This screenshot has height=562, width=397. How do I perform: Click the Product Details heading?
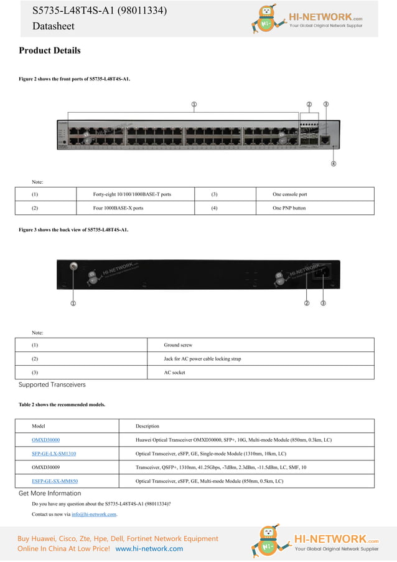tap(50, 50)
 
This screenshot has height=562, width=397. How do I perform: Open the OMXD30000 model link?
tap(46, 440)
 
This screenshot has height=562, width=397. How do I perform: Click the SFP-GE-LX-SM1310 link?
tap(54, 454)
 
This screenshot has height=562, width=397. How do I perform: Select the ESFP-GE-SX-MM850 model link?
tap(55, 481)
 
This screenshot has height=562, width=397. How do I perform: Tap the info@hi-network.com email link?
tap(94, 514)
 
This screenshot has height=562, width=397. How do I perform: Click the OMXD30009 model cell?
tap(46, 467)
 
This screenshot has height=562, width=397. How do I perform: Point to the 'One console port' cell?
tap(290, 194)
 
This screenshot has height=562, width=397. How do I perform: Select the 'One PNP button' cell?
tap(289, 208)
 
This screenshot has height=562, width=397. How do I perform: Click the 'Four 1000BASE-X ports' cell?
tap(118, 208)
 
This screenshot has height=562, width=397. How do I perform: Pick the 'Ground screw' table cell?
tap(178, 345)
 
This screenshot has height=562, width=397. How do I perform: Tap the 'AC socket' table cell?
tap(175, 373)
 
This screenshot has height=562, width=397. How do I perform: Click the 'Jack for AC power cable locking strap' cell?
tap(202, 359)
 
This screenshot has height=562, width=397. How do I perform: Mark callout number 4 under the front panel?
tap(334, 164)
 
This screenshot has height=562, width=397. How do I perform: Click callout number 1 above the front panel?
tap(194, 104)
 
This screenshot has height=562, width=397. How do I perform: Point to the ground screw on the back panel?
tap(73, 267)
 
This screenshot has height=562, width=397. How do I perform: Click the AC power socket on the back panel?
tap(324, 272)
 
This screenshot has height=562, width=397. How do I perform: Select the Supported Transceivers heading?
tap(52, 384)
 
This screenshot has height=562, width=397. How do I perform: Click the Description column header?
tap(147, 426)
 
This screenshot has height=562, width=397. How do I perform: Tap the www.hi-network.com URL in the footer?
tap(149, 548)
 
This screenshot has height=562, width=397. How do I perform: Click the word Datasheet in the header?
tap(54, 26)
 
